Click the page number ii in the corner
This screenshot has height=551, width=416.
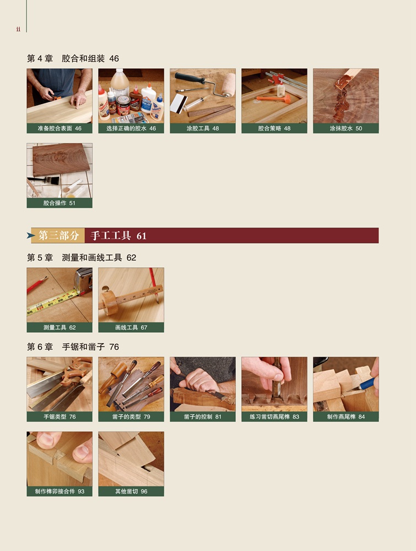[x=18, y=29]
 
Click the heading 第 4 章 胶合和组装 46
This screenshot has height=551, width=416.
[x=73, y=58]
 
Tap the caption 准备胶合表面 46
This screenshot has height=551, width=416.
[x=60, y=128]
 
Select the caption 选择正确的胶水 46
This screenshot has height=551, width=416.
[x=131, y=128]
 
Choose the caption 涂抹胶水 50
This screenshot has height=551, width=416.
[x=345, y=128]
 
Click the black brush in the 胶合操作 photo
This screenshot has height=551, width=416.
[x=40, y=180]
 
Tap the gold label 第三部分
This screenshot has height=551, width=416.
[x=58, y=235]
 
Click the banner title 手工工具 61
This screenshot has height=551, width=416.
[x=118, y=235]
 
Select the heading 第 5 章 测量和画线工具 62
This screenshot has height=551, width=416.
[x=82, y=257]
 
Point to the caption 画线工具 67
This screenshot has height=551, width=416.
[x=131, y=327]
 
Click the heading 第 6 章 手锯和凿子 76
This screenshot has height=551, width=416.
[x=73, y=347]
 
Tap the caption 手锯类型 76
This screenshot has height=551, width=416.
[x=60, y=417]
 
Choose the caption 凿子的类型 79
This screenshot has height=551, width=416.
[x=131, y=417]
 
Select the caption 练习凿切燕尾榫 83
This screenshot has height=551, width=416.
[x=274, y=417]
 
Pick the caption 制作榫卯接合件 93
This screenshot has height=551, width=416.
[x=60, y=491]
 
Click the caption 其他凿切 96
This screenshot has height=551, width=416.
[x=131, y=491]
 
